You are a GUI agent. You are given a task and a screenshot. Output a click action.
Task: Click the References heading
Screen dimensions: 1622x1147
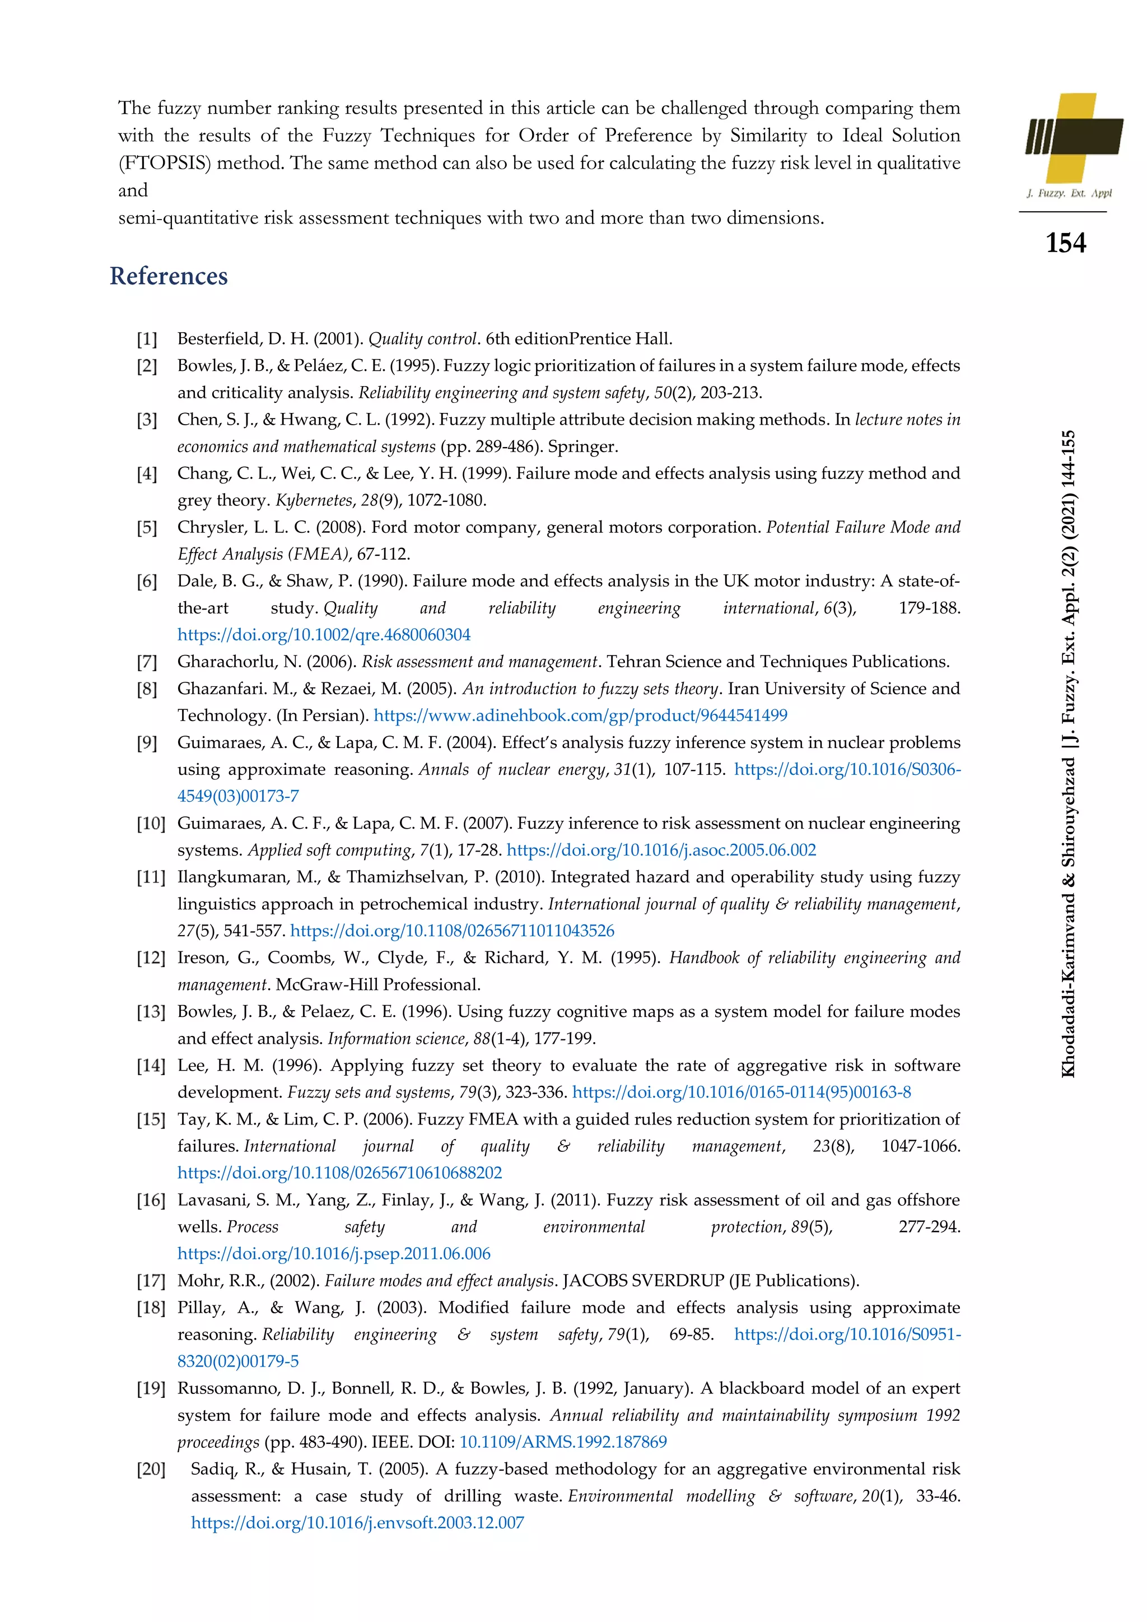(x=169, y=276)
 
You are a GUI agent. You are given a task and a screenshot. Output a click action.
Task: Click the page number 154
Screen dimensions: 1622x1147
(x=1065, y=243)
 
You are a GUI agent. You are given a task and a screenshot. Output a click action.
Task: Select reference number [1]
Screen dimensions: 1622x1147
(x=147, y=339)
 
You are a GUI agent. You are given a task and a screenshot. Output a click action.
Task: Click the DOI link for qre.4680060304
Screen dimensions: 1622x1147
(x=324, y=635)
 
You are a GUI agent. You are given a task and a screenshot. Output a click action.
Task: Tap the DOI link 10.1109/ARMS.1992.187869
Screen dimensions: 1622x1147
(x=563, y=1442)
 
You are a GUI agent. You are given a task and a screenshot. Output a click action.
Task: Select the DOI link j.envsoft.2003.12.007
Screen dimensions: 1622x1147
(x=357, y=1522)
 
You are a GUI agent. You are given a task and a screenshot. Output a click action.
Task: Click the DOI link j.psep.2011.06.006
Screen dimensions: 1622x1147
(x=333, y=1254)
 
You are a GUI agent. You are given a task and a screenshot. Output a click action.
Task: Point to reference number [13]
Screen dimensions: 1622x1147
(x=151, y=1012)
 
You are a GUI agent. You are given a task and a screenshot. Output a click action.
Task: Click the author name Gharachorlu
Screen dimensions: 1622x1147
(x=220, y=662)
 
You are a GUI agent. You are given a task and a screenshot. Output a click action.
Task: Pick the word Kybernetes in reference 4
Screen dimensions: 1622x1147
(x=314, y=501)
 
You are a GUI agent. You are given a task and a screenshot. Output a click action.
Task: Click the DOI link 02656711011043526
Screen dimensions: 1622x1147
(x=452, y=931)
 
